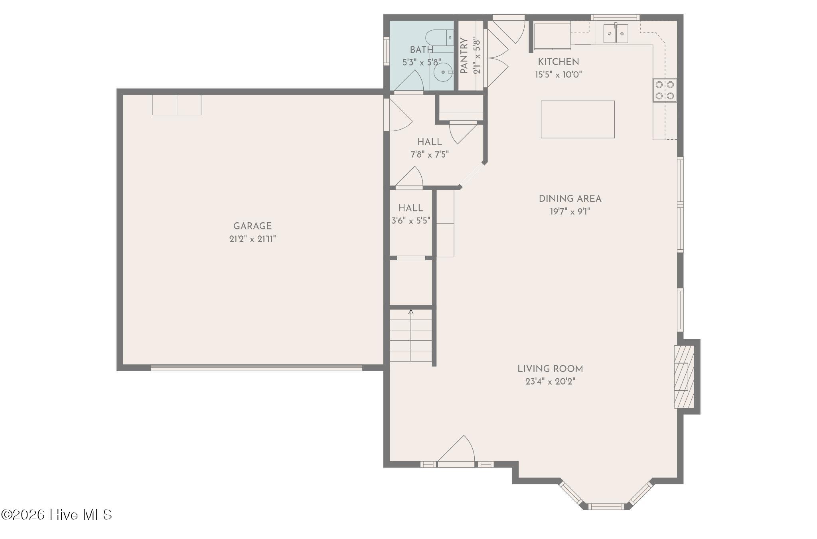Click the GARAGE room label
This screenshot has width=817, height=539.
click(x=252, y=226)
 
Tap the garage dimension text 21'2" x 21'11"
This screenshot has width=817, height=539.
click(x=253, y=239)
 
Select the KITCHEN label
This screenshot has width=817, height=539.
click(x=558, y=62)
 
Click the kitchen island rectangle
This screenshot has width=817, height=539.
click(x=578, y=119)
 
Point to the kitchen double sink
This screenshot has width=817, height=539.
click(x=616, y=34)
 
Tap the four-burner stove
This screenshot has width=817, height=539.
click(x=665, y=90)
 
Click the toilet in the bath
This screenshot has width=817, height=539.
click(x=439, y=38)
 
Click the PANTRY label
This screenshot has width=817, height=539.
click(x=464, y=56)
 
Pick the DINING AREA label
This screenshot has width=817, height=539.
click(x=570, y=199)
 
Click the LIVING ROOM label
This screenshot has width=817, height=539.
click(x=550, y=369)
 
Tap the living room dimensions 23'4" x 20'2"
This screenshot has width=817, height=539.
click(x=550, y=382)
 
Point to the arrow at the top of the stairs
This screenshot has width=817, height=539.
click(x=411, y=312)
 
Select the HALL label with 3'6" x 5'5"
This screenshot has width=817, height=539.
click(x=410, y=208)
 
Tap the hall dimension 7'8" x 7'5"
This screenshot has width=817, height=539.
click(x=430, y=154)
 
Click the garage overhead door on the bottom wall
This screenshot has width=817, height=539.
click(x=257, y=368)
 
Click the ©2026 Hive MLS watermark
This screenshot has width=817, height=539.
click(x=57, y=515)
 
